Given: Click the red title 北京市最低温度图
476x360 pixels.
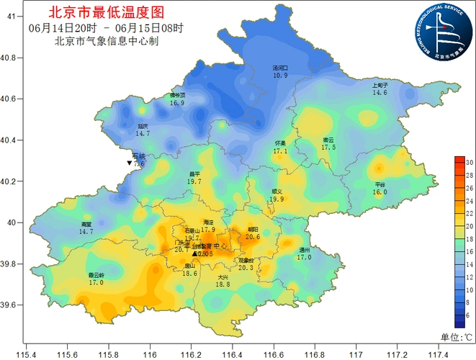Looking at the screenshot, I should (106, 12).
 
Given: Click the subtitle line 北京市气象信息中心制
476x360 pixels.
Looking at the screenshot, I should (106, 40).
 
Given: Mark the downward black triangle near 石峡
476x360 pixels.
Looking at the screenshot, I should (129, 164).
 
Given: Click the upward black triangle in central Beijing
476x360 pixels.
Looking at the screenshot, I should (194, 254).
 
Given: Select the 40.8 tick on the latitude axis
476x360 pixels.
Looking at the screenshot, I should (12, 57).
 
